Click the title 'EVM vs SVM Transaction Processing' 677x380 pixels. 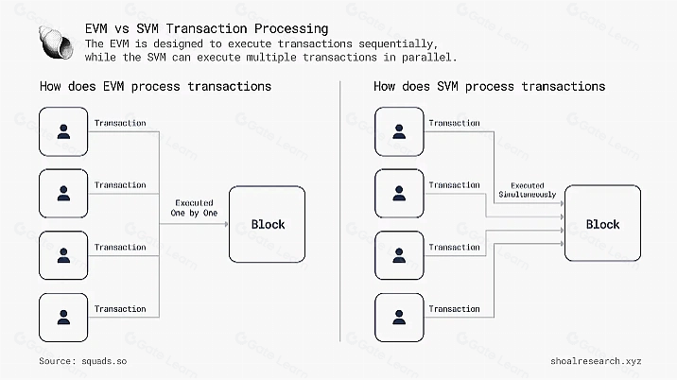[207, 29]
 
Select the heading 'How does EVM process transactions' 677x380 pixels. [156, 87]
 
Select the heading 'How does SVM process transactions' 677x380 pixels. [490, 87]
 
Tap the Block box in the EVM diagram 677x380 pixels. [268, 224]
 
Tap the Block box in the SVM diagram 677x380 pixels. [602, 224]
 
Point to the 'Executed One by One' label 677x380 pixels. [194, 208]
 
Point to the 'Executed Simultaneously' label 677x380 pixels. [528, 189]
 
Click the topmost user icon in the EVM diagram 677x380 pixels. [63, 131]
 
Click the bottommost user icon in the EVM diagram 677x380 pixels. [63, 318]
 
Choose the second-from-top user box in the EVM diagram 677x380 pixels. [63, 194]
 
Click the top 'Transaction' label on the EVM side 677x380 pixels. [120, 123]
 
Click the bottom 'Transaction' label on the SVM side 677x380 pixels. [454, 309]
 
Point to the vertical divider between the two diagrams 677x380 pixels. [339, 217]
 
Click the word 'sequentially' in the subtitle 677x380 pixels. [396, 44]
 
